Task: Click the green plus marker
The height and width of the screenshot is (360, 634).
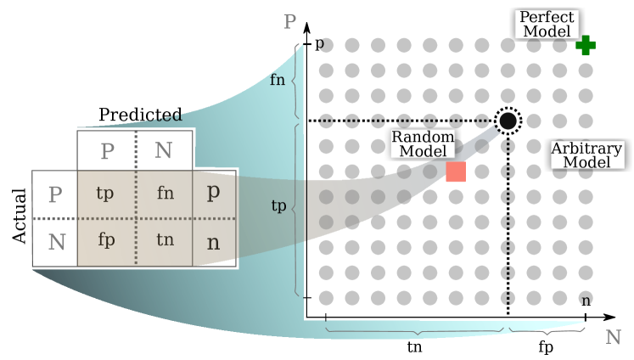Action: pos(585,46)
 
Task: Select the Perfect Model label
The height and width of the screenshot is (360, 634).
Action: pos(547,25)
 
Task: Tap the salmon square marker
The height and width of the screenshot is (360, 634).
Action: pos(456,172)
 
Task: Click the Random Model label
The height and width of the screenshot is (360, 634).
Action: pos(423,144)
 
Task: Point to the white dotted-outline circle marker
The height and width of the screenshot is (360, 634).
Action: pos(508,121)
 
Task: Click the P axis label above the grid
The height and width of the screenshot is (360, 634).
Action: pos(290,22)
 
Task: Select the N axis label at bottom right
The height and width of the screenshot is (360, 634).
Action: pos(613,337)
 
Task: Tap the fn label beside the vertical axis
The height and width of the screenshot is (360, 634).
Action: pos(278,81)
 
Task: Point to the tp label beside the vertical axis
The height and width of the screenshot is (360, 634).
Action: pos(278,205)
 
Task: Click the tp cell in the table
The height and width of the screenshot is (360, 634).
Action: pos(105,193)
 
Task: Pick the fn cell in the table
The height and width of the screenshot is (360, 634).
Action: pos(165,193)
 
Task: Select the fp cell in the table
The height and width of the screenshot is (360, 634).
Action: pos(105,240)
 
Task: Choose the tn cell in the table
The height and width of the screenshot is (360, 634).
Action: pos(165,240)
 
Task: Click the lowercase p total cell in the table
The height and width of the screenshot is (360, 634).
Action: pos(213,192)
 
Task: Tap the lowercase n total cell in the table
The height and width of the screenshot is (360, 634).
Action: pos(213,241)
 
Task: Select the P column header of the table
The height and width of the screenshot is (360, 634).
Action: pos(107,151)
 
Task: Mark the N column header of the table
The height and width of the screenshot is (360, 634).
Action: pos(164,151)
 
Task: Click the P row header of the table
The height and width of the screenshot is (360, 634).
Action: pos(55,194)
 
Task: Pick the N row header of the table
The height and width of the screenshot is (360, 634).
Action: pos(56,242)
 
